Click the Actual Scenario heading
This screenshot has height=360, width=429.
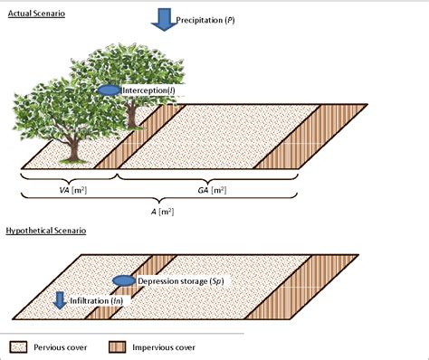coord(42,15)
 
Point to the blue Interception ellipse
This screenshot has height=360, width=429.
coord(109,90)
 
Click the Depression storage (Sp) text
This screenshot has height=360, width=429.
coord(181,282)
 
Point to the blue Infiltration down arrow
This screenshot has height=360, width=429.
coord(60,299)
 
